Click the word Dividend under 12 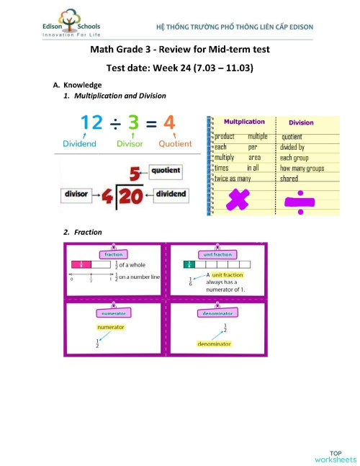point(80,143)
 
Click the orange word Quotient point(174,143)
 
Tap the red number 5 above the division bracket point(134,173)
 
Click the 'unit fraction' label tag point(217,254)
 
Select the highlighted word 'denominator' point(214,344)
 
